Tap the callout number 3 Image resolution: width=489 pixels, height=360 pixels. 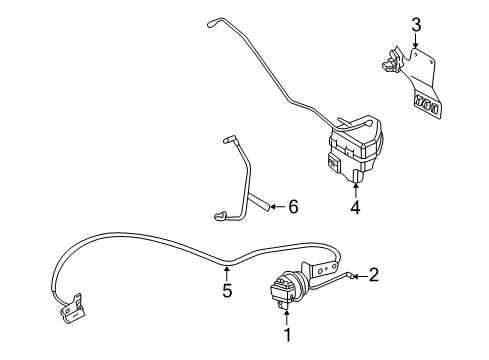tap(417, 25)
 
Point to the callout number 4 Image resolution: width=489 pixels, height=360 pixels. tap(355, 209)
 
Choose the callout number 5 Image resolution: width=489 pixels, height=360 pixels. tap(228, 292)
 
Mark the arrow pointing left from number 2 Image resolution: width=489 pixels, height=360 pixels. tap(358, 274)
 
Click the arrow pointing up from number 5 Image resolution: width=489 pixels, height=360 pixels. tap(228, 271)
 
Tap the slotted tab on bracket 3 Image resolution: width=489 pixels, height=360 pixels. tap(426, 105)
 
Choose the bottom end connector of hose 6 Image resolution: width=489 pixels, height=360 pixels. tap(222, 212)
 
